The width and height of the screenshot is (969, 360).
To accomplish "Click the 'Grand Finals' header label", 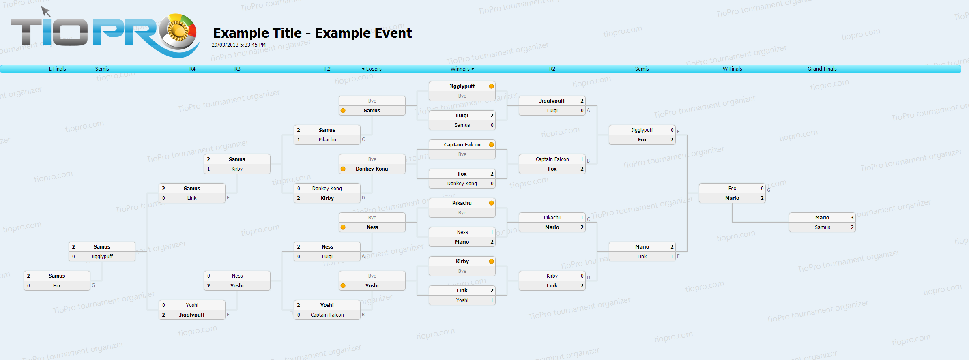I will (x=822, y=69).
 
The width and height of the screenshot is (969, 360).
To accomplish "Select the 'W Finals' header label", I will (x=732, y=69).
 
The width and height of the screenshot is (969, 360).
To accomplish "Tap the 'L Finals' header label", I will (x=58, y=69).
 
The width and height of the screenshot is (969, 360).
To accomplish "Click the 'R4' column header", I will (x=192, y=69).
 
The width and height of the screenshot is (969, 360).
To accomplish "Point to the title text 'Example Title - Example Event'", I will (x=312, y=33).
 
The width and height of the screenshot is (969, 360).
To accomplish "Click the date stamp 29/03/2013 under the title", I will (x=238, y=45).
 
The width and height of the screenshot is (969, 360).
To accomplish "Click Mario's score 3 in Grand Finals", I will (x=852, y=218).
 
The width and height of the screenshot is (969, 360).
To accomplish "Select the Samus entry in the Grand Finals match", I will (x=822, y=227).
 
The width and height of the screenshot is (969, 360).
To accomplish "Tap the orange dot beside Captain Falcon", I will (x=491, y=145).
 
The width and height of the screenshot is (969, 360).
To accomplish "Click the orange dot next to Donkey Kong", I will (x=343, y=169).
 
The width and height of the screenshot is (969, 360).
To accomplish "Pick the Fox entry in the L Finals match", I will (x=57, y=286).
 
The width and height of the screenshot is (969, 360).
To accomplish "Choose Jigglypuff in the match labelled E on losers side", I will (x=192, y=315).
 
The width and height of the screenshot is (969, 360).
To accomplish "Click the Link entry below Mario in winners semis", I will (x=642, y=257).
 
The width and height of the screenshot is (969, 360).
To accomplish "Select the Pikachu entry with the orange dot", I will (x=462, y=203).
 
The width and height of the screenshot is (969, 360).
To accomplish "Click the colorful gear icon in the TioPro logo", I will (x=177, y=31).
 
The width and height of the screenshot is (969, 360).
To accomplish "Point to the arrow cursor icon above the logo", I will (x=46, y=11).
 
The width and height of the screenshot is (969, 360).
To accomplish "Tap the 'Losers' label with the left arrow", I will (x=371, y=69).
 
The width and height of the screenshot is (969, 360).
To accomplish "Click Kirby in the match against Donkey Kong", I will (x=327, y=198).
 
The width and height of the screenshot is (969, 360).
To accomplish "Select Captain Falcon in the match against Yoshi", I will (x=327, y=315).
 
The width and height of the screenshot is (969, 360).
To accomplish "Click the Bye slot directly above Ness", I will (x=372, y=218).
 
